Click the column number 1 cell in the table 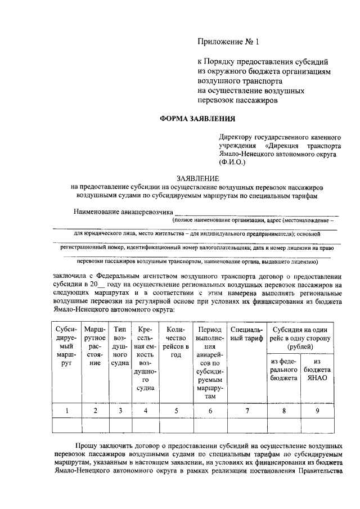[x=67, y=411]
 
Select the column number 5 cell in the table [x=176, y=411]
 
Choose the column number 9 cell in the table [x=317, y=411]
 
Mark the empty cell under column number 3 [x=119, y=425]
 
